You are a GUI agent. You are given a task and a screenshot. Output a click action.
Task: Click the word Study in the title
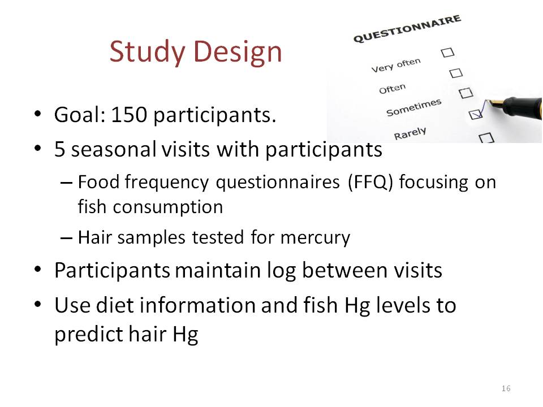tap(148, 53)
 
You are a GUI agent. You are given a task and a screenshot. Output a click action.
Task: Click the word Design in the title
tap(238, 53)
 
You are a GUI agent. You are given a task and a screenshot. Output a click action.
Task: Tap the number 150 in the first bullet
tap(129, 115)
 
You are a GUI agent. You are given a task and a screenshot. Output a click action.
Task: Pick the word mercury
tap(315, 239)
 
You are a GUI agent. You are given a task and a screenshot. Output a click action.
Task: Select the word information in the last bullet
tap(197, 305)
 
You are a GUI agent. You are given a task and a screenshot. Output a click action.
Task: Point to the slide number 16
tap(506, 388)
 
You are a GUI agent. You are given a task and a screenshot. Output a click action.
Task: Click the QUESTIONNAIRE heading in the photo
tap(407, 28)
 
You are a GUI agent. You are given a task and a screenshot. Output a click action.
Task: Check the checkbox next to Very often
tap(447, 53)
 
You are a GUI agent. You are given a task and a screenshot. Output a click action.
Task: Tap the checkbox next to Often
tap(456, 73)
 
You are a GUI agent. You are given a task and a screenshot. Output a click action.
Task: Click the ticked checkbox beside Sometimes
tap(476, 114)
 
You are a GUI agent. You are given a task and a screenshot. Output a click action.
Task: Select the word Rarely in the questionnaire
tap(410, 133)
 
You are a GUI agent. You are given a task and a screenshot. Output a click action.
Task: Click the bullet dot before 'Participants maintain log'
tap(38, 270)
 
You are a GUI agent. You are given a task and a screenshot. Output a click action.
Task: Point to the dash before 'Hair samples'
tap(66, 238)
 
